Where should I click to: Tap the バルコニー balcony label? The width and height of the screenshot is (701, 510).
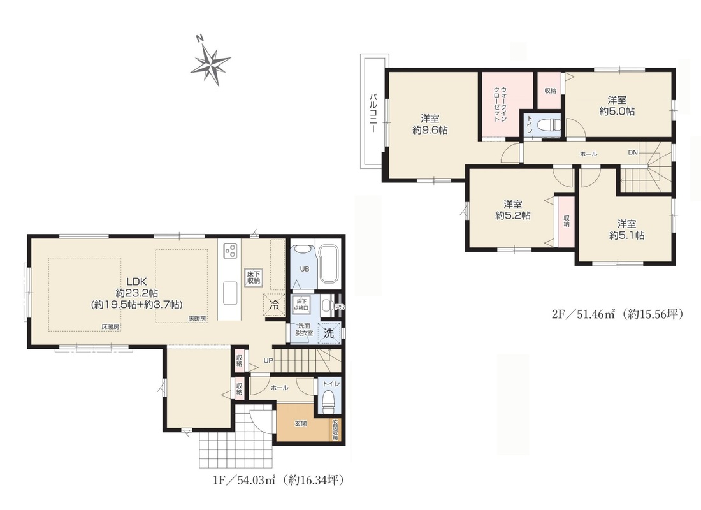372,112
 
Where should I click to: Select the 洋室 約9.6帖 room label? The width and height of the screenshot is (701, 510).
430,124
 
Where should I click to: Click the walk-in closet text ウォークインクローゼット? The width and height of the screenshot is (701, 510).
500,105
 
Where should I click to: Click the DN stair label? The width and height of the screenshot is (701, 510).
633,152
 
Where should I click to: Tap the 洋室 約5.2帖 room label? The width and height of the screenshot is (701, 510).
513,210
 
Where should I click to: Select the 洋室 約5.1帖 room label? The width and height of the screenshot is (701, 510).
627,229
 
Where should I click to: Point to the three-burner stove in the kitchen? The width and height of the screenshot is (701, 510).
229,251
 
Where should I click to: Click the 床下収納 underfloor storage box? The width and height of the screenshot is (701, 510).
254,277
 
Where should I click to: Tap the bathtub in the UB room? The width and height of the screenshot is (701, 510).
330,263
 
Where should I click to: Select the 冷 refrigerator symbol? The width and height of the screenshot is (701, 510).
274,305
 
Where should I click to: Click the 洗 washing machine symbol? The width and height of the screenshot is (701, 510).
329,333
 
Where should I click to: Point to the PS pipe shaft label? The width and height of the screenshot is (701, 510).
340,307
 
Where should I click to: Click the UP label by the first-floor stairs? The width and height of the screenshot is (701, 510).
268,360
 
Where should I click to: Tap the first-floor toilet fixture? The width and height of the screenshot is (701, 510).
329,401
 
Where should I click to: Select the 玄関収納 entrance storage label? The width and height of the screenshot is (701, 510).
335,430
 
